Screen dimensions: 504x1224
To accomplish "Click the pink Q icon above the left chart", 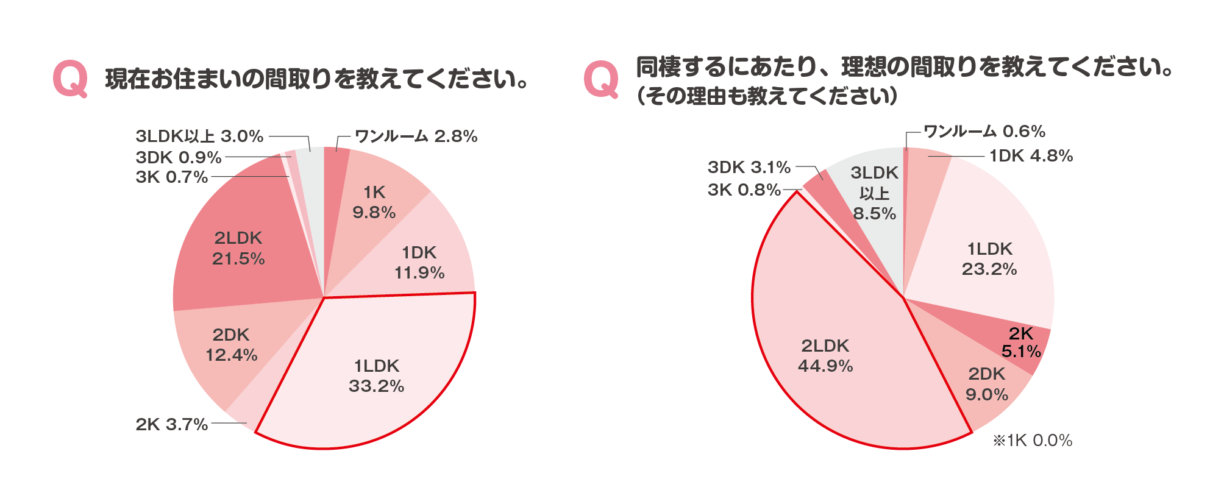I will [x=70, y=79].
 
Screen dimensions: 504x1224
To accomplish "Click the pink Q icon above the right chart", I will [x=601, y=79].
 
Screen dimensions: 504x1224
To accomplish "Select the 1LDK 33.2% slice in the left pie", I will [x=376, y=375].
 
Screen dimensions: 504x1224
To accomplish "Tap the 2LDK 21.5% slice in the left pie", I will [x=238, y=248].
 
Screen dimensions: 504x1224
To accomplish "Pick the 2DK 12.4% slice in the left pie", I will [x=231, y=345].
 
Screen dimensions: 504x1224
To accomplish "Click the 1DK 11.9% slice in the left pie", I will [x=419, y=262].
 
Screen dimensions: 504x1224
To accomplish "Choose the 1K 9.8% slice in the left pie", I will [x=374, y=202].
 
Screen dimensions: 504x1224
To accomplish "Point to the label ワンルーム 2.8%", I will [x=416, y=136].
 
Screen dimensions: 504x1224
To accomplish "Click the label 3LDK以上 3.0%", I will [x=199, y=136].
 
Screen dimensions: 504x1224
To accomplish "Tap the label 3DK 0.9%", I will [x=179, y=157].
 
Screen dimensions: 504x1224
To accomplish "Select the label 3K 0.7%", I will [x=172, y=177].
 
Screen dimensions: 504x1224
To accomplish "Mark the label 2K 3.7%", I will [x=172, y=424].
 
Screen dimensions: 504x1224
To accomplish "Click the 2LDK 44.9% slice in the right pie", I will [x=825, y=356].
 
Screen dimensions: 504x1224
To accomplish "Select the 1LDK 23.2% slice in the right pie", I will [x=989, y=258].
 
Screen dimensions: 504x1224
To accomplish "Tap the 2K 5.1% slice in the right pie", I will [x=1021, y=343].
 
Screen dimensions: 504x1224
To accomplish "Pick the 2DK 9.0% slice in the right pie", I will [x=987, y=384].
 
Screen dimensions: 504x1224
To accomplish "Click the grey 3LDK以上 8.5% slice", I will [x=874, y=193].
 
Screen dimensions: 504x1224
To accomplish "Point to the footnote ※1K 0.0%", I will [x=1033, y=441].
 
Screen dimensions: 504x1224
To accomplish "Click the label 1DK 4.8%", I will [x=1031, y=156].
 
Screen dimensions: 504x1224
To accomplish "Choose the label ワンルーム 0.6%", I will [x=984, y=132].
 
